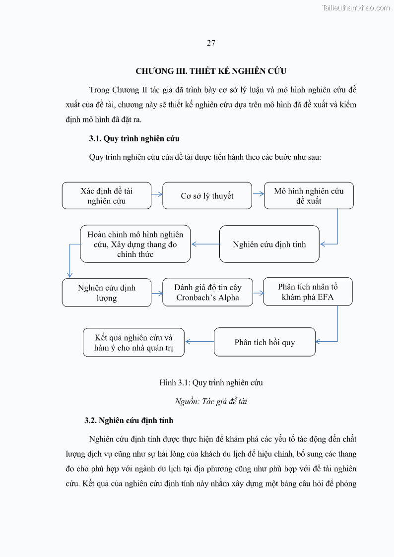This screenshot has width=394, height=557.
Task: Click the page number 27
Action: click(x=211, y=43)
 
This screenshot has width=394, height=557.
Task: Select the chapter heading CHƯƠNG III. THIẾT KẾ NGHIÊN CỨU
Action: click(x=211, y=71)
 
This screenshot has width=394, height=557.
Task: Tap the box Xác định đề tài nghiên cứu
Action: click(x=106, y=195)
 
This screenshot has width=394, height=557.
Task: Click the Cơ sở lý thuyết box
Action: click(x=207, y=196)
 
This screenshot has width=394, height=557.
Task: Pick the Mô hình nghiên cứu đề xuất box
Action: click(x=309, y=195)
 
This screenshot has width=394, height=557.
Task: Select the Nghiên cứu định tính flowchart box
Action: click(x=269, y=244)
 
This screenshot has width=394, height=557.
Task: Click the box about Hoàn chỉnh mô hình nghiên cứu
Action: click(x=135, y=244)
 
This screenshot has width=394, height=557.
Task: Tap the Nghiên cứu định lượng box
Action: click(x=106, y=293)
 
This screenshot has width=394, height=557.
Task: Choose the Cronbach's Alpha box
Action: click(x=207, y=292)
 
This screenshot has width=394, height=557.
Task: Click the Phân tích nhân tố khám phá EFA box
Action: click(x=308, y=292)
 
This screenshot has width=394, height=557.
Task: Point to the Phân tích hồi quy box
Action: click(x=264, y=342)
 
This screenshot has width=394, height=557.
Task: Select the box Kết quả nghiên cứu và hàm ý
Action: click(x=133, y=342)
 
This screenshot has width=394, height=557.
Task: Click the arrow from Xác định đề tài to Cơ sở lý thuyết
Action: click(x=157, y=194)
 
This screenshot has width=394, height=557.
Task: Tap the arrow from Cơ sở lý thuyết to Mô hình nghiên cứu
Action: click(x=258, y=194)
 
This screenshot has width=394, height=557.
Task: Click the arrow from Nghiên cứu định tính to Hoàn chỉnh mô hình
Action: click(x=205, y=244)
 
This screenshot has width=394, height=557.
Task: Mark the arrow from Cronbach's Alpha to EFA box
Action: click(x=258, y=293)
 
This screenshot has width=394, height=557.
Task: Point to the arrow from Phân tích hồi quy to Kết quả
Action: click(x=199, y=341)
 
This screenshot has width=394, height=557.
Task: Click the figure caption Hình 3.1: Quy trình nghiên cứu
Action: click(x=211, y=382)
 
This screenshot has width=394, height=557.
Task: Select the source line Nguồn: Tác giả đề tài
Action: click(x=211, y=401)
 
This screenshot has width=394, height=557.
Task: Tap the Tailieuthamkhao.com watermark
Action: click(x=356, y=7)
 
